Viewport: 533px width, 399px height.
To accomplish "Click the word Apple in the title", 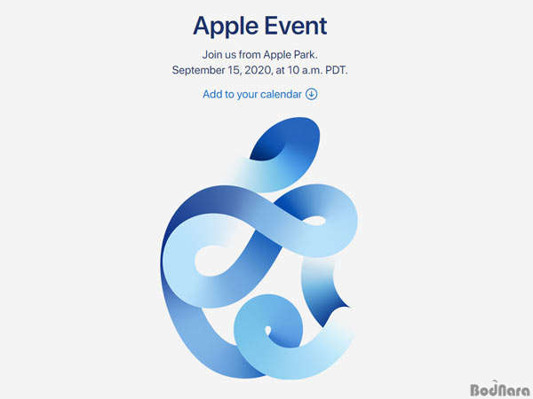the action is [x=226, y=27].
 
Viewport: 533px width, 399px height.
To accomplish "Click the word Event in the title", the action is [x=296, y=26].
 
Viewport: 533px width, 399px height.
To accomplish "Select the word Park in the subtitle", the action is [x=306, y=55].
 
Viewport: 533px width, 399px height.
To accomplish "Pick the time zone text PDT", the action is [x=337, y=70].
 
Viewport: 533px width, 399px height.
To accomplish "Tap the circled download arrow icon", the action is [x=312, y=94].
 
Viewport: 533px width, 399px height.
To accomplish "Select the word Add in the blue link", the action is [x=211, y=94].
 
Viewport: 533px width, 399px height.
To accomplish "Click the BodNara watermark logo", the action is [x=499, y=389].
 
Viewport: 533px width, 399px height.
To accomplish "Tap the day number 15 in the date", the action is [x=236, y=70].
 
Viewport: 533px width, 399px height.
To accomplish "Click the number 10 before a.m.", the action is [x=293, y=70].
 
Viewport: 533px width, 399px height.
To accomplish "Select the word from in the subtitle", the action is [x=250, y=55].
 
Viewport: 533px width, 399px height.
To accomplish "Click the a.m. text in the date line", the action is [x=312, y=71].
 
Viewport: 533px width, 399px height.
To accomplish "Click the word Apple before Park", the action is [x=278, y=55].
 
